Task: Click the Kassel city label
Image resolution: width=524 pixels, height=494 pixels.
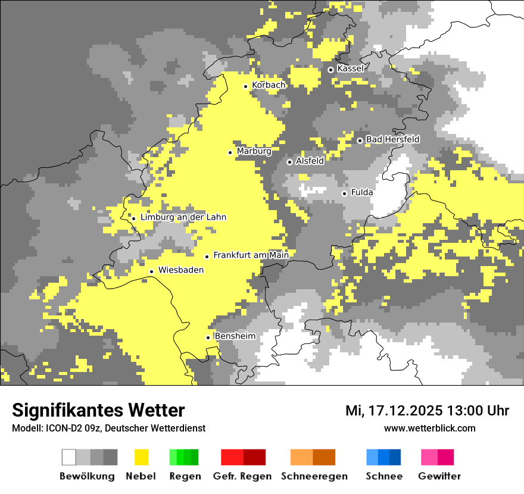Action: [350, 68]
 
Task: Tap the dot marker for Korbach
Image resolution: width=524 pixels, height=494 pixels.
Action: [245, 86]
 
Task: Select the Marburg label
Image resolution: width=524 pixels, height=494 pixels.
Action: [254, 151]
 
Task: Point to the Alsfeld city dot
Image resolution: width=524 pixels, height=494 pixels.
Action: [289, 162]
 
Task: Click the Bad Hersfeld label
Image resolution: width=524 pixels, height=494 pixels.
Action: [392, 139]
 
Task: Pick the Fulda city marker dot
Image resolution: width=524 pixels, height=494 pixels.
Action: [344, 193]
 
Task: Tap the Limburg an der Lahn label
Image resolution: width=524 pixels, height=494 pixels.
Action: [183, 217]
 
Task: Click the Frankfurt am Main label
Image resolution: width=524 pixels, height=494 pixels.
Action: [251, 255]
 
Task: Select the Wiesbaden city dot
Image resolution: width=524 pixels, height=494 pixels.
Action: [152, 271]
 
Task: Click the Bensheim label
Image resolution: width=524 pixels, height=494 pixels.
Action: [235, 336]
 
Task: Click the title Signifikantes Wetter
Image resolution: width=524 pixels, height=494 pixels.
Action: [98, 410]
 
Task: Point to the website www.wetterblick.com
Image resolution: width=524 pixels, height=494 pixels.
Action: [429, 428]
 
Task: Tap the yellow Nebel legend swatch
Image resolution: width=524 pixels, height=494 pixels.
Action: [141, 457]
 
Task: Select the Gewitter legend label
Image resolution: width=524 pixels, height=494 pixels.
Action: [439, 476]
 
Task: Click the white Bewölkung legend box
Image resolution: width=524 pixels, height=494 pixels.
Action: [69, 457]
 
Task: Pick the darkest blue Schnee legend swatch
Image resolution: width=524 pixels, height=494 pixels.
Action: [395, 457]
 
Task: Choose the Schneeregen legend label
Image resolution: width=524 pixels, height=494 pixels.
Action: [314, 476]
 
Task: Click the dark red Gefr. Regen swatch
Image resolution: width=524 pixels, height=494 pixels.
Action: [254, 457]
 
